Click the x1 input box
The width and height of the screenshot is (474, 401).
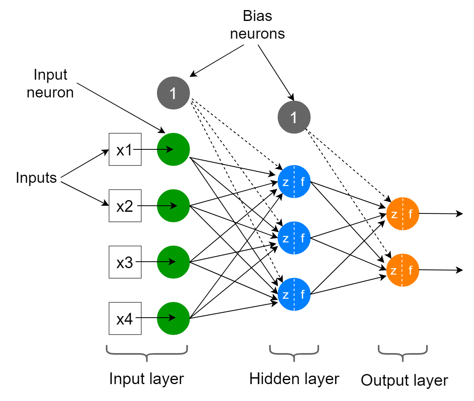click(125, 149)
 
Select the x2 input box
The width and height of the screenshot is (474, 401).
click(125, 206)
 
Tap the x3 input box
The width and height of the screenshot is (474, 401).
click(125, 262)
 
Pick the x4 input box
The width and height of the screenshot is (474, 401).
click(125, 318)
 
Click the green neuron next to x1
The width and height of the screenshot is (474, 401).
click(173, 149)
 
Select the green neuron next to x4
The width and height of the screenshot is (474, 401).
click(173, 318)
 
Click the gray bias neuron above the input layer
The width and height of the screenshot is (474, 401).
click(173, 93)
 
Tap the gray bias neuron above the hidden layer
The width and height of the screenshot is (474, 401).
click(294, 118)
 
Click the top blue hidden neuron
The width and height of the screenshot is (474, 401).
click(294, 182)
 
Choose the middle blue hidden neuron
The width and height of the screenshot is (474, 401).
click(294, 238)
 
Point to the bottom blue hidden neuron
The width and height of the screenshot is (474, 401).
click(294, 294)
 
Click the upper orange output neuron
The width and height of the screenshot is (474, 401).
click(402, 214)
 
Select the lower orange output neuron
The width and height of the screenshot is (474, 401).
click(402, 270)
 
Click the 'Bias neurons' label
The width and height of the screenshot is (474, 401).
click(257, 25)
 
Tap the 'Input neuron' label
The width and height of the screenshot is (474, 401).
click(50, 84)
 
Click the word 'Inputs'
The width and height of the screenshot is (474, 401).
click(36, 178)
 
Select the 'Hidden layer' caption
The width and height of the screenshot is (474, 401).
click(294, 379)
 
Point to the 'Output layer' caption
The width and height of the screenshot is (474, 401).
click(404, 380)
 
